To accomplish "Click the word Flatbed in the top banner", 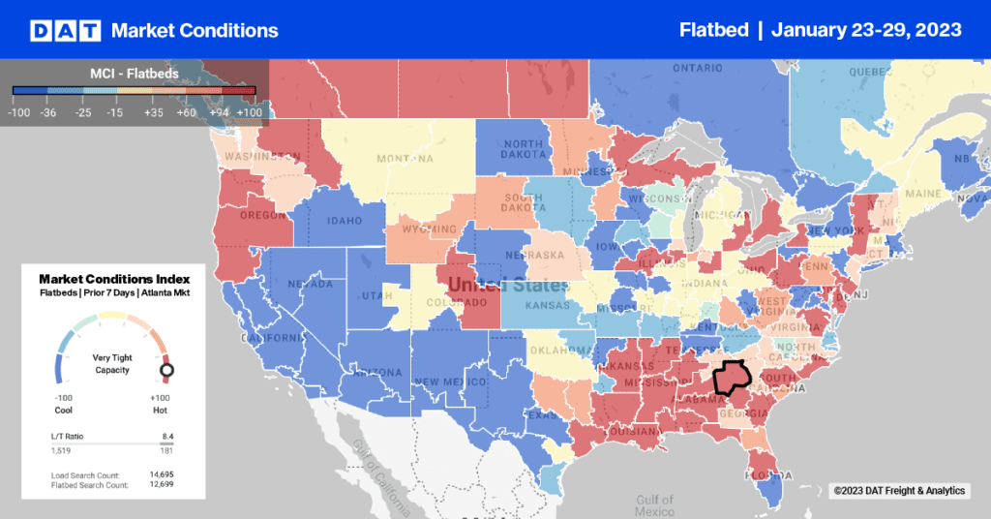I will (713, 30).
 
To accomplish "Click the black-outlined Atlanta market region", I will (732, 377).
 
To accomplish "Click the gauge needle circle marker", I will (166, 370).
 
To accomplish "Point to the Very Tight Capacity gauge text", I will (111, 363).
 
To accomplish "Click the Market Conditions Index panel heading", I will (113, 279).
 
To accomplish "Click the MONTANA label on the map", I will (376, 159).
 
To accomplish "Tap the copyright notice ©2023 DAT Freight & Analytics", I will (899, 492).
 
